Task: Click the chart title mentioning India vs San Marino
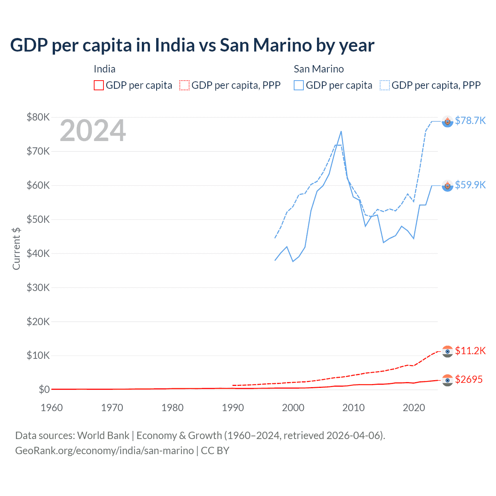pos(192,45)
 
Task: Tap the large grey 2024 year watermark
pos(93,131)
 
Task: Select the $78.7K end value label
pos(470,121)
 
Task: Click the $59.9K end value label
pos(470,185)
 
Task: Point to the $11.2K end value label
pos(470,351)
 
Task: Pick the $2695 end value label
pos(468,379)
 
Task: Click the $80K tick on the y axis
pos(38,117)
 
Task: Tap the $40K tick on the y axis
pos(38,253)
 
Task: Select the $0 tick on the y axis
pos(44,389)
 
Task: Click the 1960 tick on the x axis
pos(52,408)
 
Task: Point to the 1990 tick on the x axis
pos(233,408)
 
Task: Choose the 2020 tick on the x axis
pos(414,408)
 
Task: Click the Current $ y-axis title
pos(16,248)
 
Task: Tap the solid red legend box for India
pos(99,85)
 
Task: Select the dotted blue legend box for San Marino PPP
pos(385,85)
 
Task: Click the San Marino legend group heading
pos(319,69)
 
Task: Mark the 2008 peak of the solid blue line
pos(341,131)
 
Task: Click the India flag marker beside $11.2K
pos(448,351)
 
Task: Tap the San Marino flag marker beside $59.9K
pos(448,186)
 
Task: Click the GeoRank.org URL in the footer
pos(104,451)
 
